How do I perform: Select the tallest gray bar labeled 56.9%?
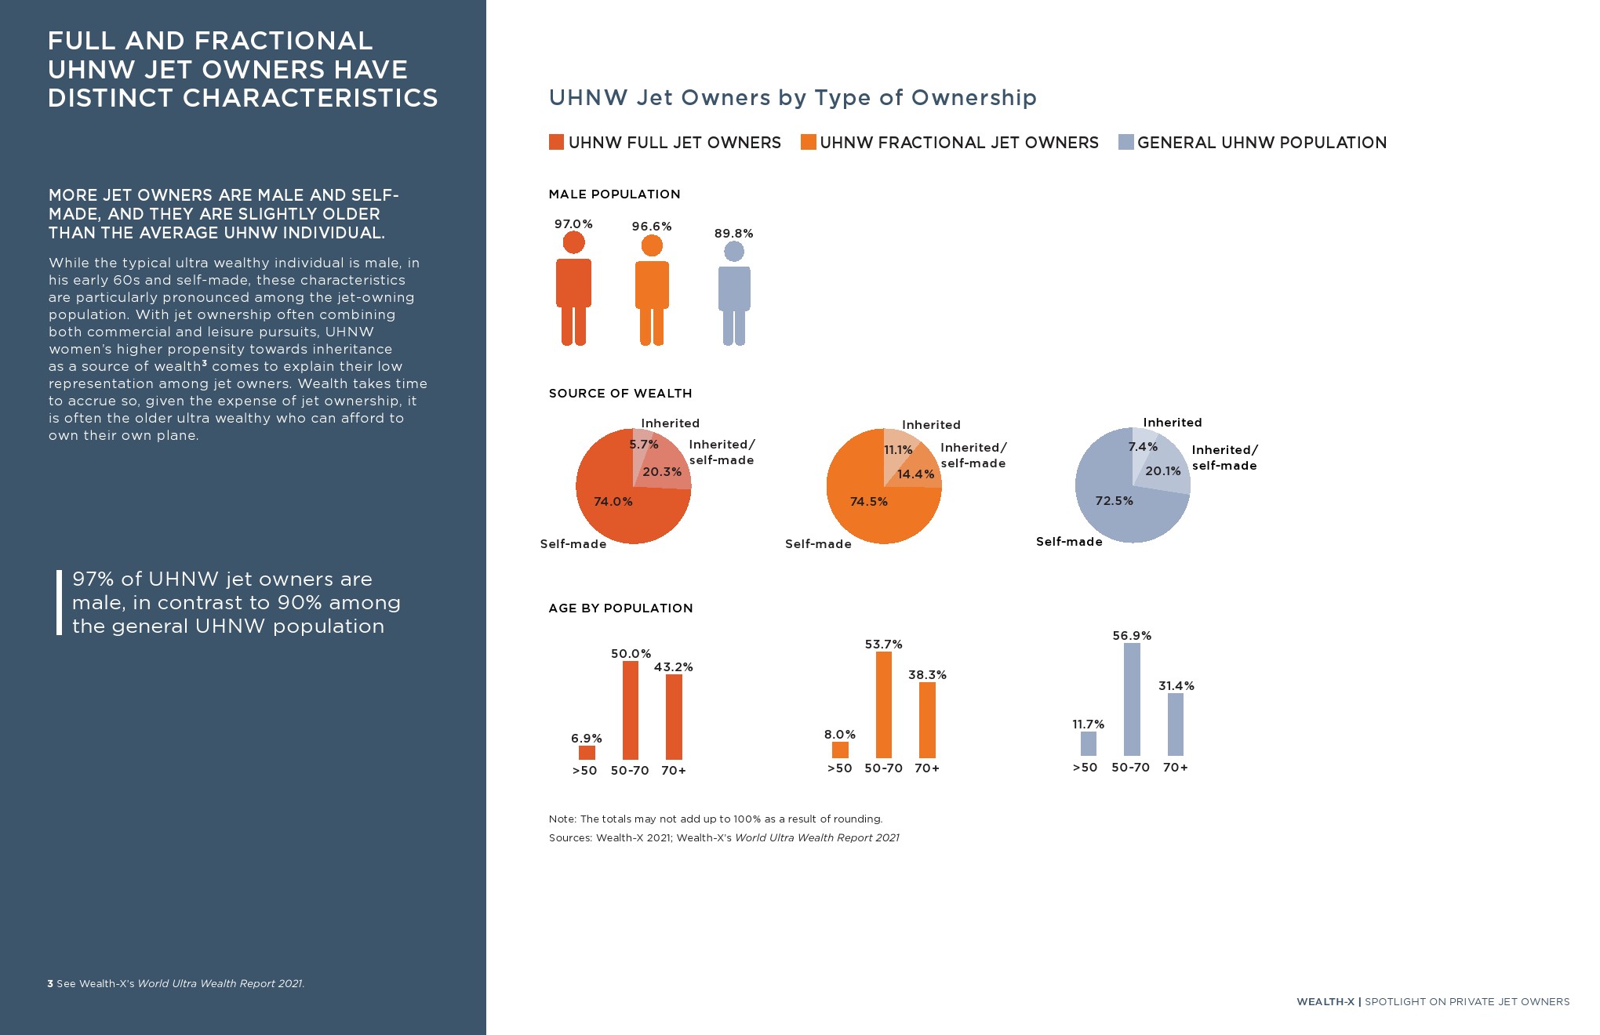1132,699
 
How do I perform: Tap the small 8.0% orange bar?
840,750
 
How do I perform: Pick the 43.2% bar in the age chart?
674,716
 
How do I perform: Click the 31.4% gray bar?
1176,724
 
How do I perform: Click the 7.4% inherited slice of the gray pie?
1143,442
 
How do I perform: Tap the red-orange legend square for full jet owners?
556,142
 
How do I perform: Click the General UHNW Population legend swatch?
1125,142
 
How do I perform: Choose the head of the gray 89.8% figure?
734,252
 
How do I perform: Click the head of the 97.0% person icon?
573,243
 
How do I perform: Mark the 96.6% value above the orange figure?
652,227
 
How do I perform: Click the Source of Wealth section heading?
620,394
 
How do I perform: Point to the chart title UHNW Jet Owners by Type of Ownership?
792,97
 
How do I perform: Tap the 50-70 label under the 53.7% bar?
883,768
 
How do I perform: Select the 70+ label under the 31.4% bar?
1175,768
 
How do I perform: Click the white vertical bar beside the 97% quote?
59,602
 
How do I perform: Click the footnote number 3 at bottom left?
50,983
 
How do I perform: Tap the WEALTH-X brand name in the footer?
1325,1002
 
